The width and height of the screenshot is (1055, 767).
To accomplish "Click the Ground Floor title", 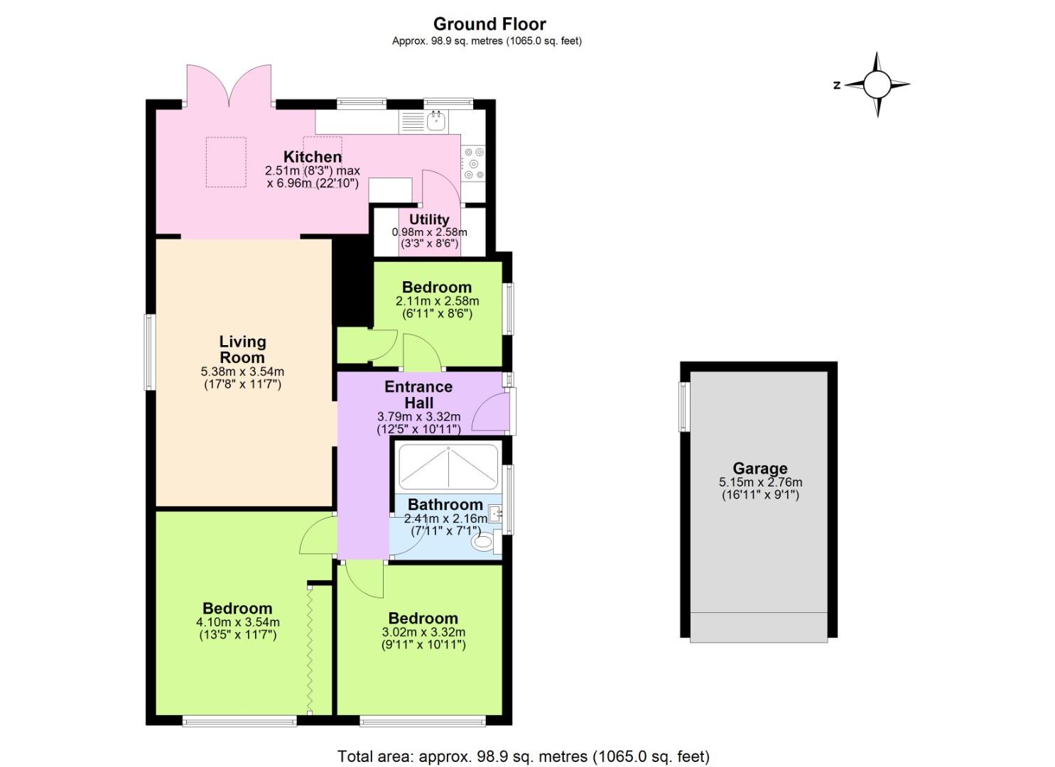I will point(489,24).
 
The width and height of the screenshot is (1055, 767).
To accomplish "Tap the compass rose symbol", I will point(877,85).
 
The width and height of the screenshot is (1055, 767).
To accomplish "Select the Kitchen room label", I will point(313,157).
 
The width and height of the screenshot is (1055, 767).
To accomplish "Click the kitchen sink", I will point(435,121).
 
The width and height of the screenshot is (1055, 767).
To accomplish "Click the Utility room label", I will point(429,219).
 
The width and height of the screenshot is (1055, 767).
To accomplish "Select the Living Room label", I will point(242,349).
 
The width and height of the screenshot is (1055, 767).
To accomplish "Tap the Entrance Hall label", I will point(418,394).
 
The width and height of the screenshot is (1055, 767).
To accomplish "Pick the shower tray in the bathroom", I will point(448,467).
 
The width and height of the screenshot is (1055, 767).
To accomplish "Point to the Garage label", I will point(760,468).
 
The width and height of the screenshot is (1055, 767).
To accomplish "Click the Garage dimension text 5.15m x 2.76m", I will point(760,482).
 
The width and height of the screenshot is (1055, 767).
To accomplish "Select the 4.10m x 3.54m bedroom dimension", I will point(238,622).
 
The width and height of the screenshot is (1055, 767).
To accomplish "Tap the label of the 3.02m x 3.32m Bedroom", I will point(423,618).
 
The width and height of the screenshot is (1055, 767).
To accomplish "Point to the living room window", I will point(149,352).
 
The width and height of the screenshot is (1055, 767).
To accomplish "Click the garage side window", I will point(684,407).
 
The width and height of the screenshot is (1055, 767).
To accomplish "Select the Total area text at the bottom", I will point(524,756).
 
